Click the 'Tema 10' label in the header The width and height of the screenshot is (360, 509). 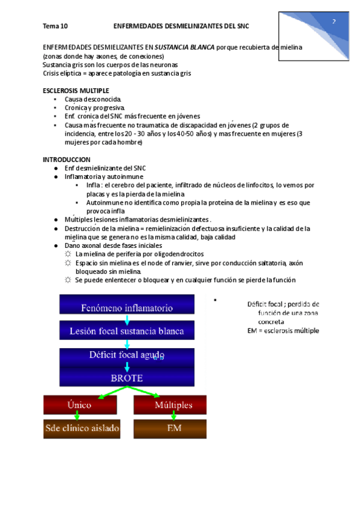55,26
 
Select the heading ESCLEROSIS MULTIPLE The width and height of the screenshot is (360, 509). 76,90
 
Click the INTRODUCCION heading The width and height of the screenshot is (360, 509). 67,159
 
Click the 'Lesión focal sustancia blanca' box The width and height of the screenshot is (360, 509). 127,331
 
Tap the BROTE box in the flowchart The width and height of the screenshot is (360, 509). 127,378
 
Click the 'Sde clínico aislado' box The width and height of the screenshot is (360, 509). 82,429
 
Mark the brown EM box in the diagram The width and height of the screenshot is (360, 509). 170,429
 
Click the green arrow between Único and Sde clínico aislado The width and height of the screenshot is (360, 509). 77,416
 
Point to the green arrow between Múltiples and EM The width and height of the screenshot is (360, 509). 173,416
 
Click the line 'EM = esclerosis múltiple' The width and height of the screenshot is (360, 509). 283,331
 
